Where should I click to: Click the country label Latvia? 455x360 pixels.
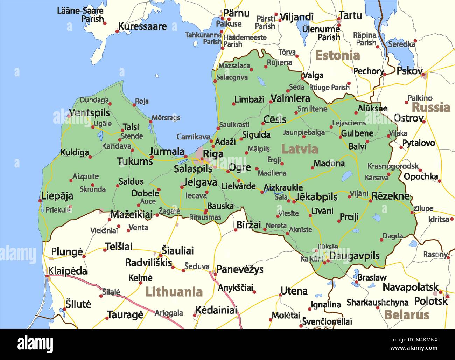coord(300,149)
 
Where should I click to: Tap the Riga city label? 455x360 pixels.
coord(213,154)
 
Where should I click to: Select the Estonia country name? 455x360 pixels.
coord(337,55)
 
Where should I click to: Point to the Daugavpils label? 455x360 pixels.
coord(354,256)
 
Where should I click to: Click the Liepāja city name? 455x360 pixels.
coord(57,195)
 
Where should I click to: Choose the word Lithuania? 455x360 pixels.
coord(174,291)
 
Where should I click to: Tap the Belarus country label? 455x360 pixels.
coord(407,314)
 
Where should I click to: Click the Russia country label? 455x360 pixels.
coord(431,107)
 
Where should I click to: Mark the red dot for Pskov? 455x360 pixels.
coord(423,74)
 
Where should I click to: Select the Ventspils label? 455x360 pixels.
coord(89,113)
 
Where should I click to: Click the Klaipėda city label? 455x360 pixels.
coord(68,271)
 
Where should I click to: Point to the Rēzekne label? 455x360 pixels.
coord(390,196)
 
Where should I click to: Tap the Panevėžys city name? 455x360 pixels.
coord(240,269)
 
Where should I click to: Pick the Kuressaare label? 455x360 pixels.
coord(142,26)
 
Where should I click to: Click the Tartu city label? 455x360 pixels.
coord(350,15)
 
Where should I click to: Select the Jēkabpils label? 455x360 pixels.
coord(316,197)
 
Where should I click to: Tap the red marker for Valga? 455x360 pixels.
coord(302,74)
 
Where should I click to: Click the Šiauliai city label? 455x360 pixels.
coord(177,250)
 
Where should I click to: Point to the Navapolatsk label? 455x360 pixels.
coord(411,287)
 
